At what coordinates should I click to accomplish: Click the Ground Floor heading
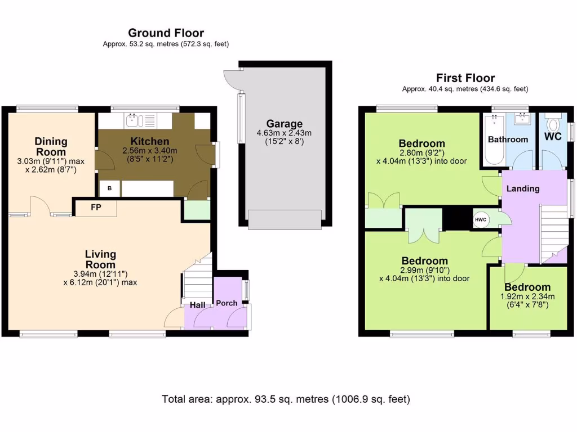click(166, 33)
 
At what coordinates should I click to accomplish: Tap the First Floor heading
click(465, 78)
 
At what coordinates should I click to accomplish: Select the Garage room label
click(285, 124)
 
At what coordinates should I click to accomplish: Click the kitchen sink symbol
click(132, 120)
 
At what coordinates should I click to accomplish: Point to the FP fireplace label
click(96, 208)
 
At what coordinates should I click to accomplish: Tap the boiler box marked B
click(110, 188)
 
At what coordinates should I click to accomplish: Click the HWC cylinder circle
click(481, 220)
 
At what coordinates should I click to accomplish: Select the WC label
click(553, 137)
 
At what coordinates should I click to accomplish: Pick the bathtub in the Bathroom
click(494, 140)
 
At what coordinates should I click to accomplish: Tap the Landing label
click(523, 189)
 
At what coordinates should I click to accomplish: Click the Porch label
click(227, 303)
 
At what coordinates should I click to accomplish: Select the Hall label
click(198, 305)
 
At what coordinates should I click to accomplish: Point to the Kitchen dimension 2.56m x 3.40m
click(150, 151)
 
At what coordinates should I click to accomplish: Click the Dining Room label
click(51, 147)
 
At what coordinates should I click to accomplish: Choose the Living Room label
click(100, 259)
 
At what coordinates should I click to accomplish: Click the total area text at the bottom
click(286, 399)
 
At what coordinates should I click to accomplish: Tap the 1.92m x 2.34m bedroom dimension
click(527, 297)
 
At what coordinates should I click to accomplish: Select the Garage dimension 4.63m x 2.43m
click(284, 133)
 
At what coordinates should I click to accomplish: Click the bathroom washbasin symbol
click(521, 118)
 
